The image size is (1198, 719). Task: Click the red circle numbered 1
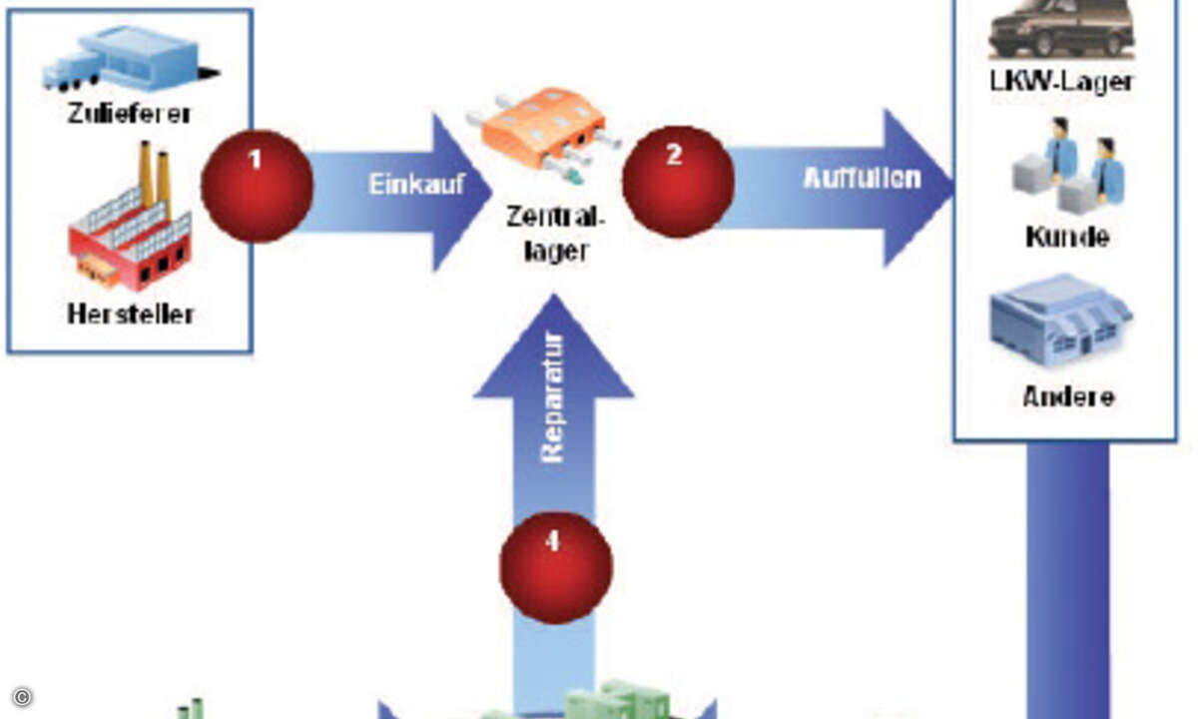pyautogui.click(x=258, y=186)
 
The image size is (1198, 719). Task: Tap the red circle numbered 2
pyautogui.click(x=678, y=182)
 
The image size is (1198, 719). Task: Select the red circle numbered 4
pyautogui.click(x=556, y=567)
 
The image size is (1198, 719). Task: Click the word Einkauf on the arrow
pyautogui.click(x=416, y=185)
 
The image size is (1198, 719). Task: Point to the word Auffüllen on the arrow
pyautogui.click(x=863, y=178)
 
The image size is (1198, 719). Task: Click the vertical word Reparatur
pyautogui.click(x=553, y=398)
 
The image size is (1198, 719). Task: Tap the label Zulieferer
pyautogui.click(x=129, y=114)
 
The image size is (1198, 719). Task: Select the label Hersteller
pyautogui.click(x=131, y=314)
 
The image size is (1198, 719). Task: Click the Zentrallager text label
pyautogui.click(x=555, y=234)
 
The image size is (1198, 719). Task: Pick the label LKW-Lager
pyautogui.click(x=1062, y=82)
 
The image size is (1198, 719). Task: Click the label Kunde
pyautogui.click(x=1067, y=237)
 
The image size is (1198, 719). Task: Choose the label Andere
pyautogui.click(x=1068, y=397)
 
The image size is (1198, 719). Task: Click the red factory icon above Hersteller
pyautogui.click(x=130, y=217)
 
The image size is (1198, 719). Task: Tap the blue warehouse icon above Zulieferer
pyautogui.click(x=131, y=58)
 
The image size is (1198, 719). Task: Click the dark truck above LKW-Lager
pyautogui.click(x=1061, y=29)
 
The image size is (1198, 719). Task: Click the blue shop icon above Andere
pyautogui.click(x=1061, y=320)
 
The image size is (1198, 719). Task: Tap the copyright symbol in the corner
pyautogui.click(x=22, y=697)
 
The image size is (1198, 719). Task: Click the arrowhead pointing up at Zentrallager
pyautogui.click(x=554, y=348)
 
